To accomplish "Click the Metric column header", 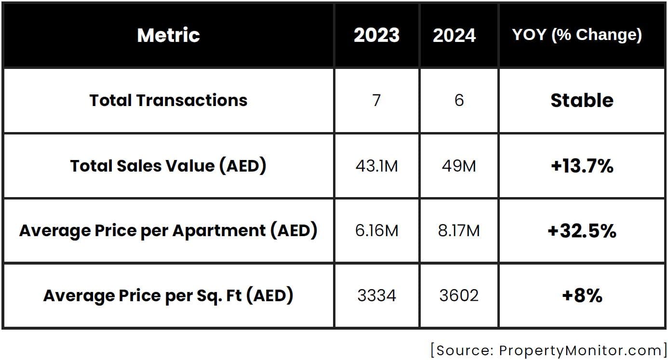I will click(x=168, y=35).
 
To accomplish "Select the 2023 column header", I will click(x=376, y=35).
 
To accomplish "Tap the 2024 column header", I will click(x=454, y=35).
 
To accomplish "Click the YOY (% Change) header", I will click(x=577, y=35).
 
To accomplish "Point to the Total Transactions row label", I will click(x=168, y=100).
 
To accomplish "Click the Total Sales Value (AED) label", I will click(x=168, y=166).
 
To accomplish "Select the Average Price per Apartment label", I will click(x=168, y=231).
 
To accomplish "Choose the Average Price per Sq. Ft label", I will click(x=168, y=295).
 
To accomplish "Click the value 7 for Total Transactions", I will click(x=377, y=100).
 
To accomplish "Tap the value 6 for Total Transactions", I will click(x=459, y=100).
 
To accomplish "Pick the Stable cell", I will click(x=582, y=100).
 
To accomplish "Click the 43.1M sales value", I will click(x=377, y=166).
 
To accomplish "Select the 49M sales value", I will click(x=459, y=166).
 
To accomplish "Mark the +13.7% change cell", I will click(x=582, y=166).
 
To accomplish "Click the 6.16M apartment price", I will click(x=377, y=231).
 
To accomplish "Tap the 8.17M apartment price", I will click(x=459, y=231).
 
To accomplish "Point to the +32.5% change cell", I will click(x=582, y=231).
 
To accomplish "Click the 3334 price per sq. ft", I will click(x=377, y=295).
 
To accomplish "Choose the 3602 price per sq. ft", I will click(x=459, y=295).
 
